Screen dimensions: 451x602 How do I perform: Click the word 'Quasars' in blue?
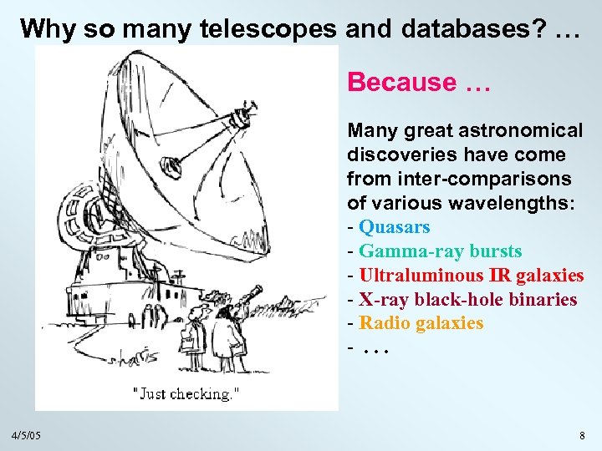coord(395,227)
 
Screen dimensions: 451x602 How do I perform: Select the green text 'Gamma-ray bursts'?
coord(441,251)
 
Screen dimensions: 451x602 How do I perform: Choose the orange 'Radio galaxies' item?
coord(421,323)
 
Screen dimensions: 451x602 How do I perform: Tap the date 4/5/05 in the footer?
coord(27,436)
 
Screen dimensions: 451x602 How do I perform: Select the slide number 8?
coord(582,436)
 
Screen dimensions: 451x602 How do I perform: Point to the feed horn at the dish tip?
coord(242,116)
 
